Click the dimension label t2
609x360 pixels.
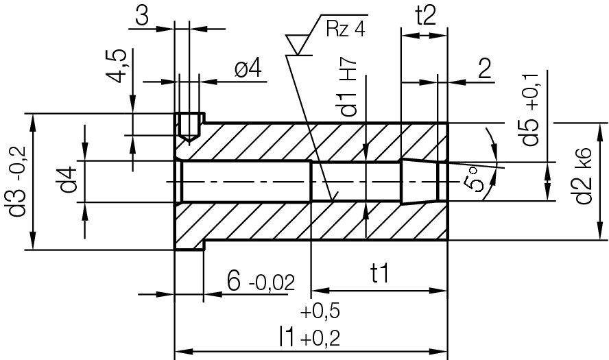point(425,15)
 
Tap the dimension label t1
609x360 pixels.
point(379,275)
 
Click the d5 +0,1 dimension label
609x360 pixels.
point(531,108)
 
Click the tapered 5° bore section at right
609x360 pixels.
point(419,181)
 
